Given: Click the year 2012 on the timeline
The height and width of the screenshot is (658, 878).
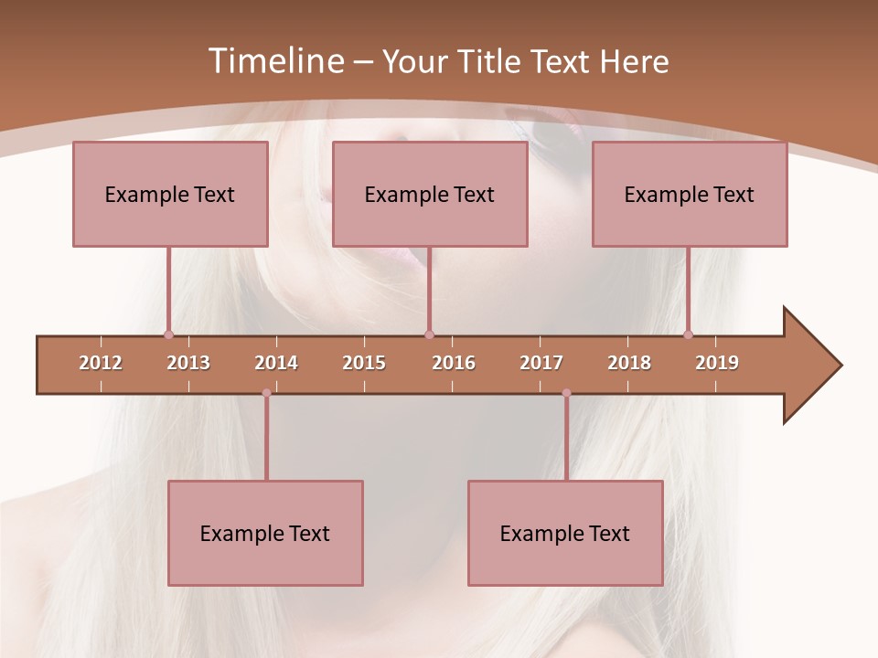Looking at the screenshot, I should [101, 363].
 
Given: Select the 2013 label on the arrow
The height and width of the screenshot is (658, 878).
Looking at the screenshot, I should [188, 363].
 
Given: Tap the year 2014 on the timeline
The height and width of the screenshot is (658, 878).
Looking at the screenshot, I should [276, 363].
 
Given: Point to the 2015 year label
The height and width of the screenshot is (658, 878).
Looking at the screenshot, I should [364, 363].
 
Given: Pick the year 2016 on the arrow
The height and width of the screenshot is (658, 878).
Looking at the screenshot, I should [454, 363].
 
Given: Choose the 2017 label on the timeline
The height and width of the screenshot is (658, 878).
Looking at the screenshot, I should [541, 363].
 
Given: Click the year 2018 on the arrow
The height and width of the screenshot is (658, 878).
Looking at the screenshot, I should [629, 363].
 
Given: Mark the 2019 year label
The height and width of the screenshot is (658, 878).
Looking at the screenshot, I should [717, 363].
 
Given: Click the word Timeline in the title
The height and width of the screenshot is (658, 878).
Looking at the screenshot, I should [274, 61].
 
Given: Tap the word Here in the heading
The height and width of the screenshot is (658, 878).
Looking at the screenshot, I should [634, 61].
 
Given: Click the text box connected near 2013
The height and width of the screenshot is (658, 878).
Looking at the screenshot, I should [170, 194].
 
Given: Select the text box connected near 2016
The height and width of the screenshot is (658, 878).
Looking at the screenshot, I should [430, 194].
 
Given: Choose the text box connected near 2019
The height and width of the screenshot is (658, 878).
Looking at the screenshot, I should [690, 194].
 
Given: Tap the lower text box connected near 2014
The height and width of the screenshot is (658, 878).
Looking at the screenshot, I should [265, 533].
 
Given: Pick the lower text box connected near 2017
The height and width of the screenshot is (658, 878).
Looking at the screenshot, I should [565, 533].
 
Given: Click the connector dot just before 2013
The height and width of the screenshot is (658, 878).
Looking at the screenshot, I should [168, 334].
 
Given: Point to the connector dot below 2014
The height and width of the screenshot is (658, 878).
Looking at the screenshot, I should [266, 393].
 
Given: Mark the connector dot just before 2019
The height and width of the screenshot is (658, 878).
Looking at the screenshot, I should [688, 334].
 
